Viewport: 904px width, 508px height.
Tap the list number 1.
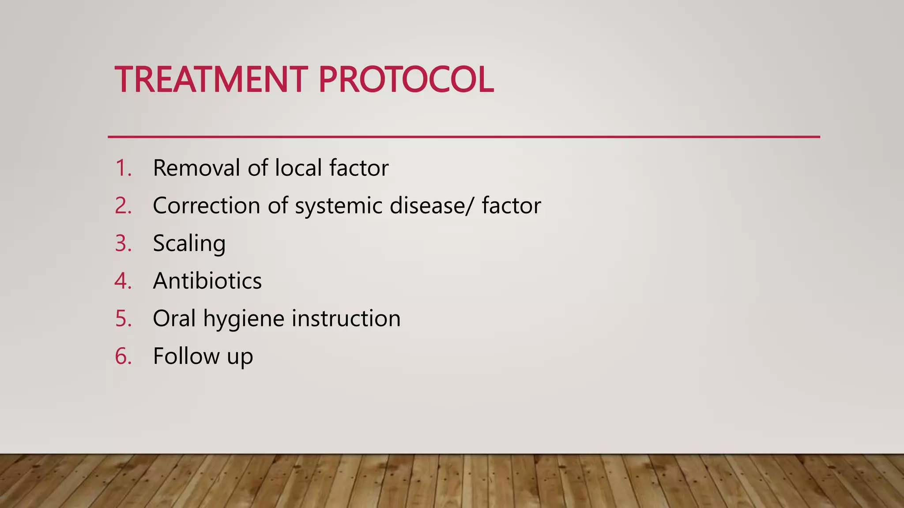[x=123, y=168]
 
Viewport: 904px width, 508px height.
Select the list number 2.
[x=123, y=205]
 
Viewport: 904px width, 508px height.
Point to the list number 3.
[x=123, y=243]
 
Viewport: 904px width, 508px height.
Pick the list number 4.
[x=123, y=281]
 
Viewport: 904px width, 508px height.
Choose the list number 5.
[x=123, y=318]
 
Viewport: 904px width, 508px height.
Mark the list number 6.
[x=123, y=356]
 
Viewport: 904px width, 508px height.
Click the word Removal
[x=196, y=168]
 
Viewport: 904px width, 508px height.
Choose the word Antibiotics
[x=207, y=281]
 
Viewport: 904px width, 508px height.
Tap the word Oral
[x=174, y=318]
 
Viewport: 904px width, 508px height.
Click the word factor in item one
[x=358, y=168]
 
